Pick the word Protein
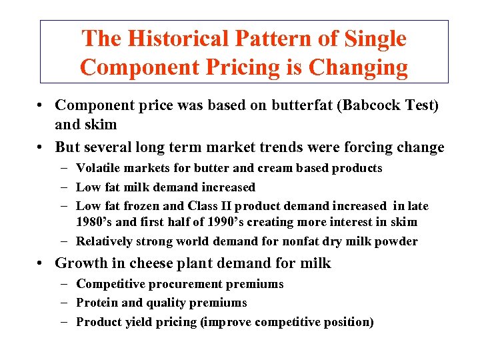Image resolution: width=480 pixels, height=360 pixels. [98, 303]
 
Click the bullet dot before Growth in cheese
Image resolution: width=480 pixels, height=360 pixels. [42, 263]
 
